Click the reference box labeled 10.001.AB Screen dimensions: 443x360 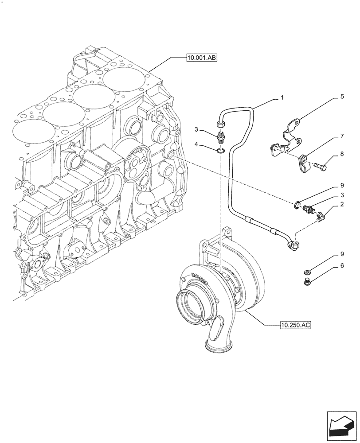(201, 58)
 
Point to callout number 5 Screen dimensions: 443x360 (342, 96)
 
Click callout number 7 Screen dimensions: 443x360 (342, 137)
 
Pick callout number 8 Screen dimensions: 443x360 (342, 155)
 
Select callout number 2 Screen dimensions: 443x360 (342, 205)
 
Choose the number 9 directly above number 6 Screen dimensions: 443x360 (342, 255)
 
